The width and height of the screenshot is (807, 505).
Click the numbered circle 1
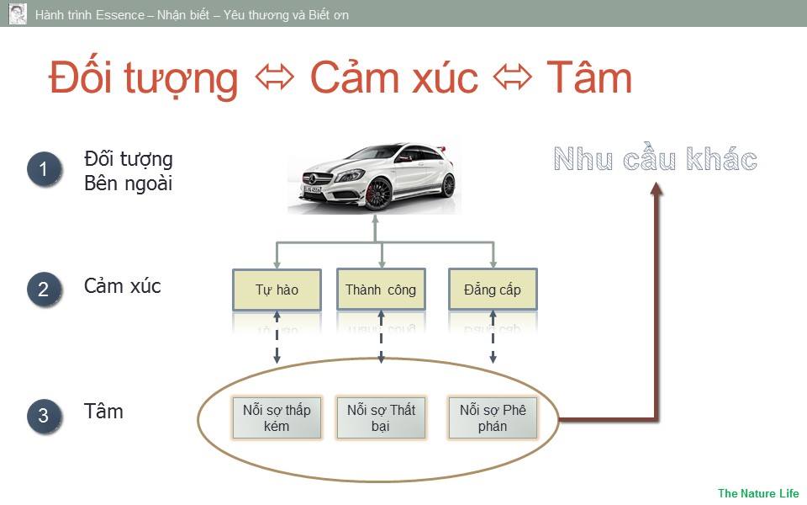coord(44,169)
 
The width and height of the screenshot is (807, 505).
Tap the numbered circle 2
coord(44,290)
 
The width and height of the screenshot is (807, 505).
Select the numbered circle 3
coord(44,416)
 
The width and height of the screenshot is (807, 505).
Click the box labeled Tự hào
coord(277,290)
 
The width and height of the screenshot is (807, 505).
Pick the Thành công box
coord(381,290)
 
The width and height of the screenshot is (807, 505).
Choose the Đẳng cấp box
coord(493,290)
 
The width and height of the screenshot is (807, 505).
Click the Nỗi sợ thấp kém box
coord(277,417)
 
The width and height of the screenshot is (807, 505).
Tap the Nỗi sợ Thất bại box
coord(381,417)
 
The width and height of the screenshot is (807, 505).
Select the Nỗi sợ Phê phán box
coord(493,417)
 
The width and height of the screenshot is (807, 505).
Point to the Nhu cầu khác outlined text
coord(655,160)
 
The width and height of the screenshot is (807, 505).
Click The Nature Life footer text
coord(757,493)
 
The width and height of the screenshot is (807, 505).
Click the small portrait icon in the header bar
coord(18,13)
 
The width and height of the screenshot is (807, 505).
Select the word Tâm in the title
coord(588,78)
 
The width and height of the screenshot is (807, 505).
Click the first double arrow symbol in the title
coord(274,78)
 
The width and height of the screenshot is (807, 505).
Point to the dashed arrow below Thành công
coord(381,337)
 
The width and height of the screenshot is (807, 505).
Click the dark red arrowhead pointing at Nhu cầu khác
coord(657,189)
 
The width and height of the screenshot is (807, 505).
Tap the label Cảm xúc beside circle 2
coord(123,286)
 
